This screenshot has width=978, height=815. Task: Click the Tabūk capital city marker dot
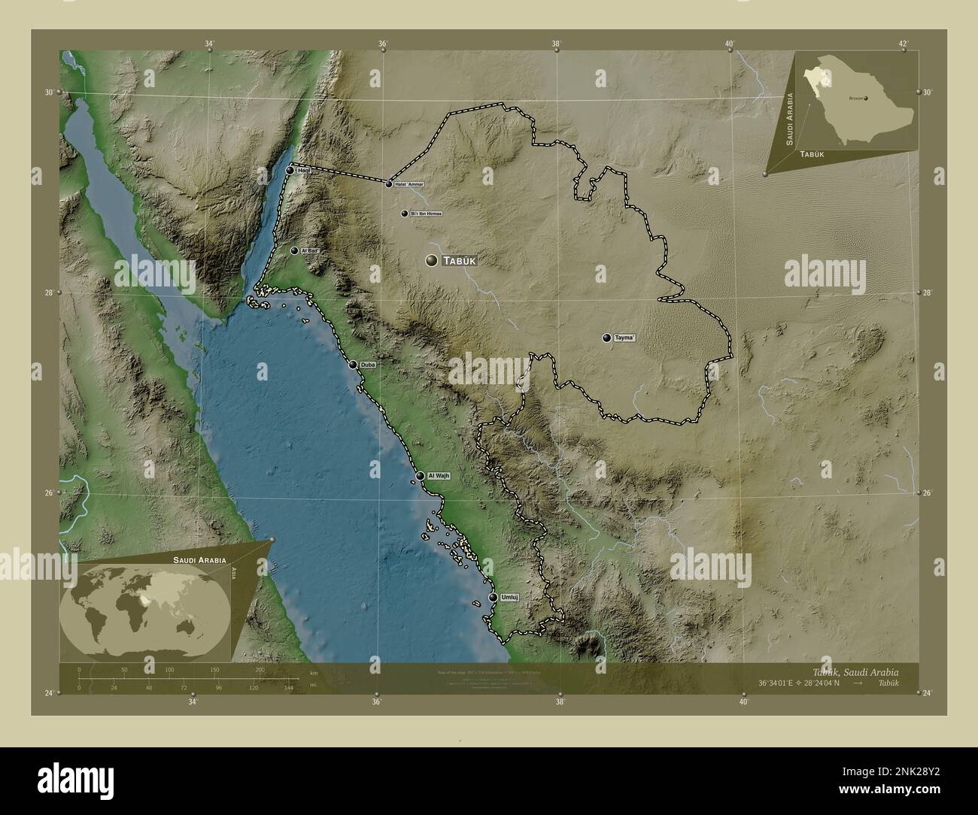[x=431, y=260]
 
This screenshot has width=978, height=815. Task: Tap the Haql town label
[x=304, y=171]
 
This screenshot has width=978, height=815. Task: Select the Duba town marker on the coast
[x=353, y=365]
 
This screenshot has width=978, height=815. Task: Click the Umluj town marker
[x=493, y=597]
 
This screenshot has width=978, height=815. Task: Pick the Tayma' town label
[x=624, y=338]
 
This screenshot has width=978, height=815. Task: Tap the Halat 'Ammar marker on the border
[x=389, y=183]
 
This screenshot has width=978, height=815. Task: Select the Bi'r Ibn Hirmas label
[x=426, y=214]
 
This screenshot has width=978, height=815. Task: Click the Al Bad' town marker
[x=294, y=250]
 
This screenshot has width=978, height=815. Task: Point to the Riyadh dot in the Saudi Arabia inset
[x=866, y=98]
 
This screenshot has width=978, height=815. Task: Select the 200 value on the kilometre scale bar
[x=260, y=669]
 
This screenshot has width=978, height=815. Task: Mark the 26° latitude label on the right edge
[x=928, y=492]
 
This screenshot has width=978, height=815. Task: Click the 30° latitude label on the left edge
[x=49, y=92]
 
